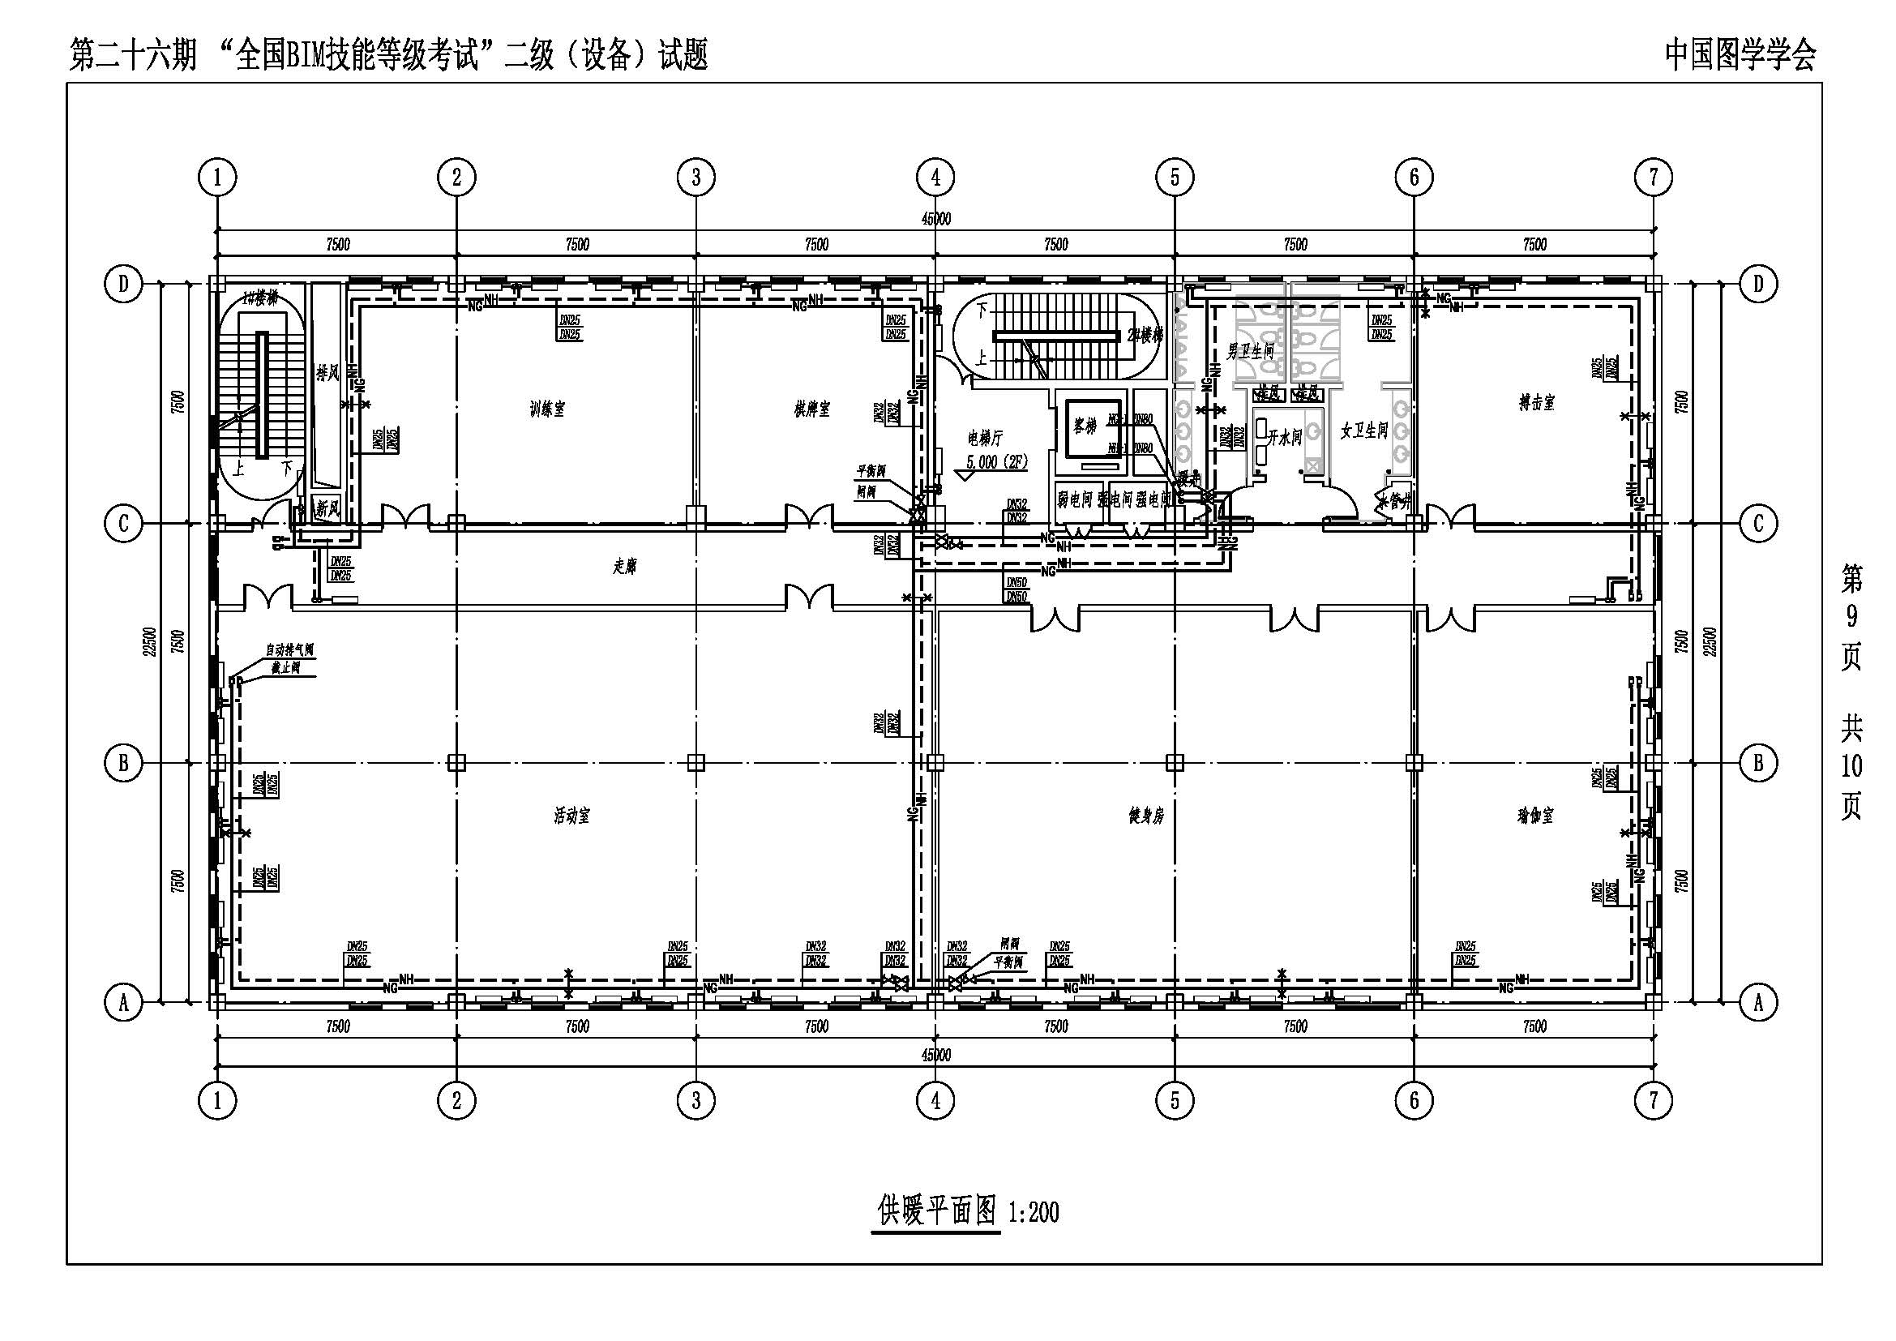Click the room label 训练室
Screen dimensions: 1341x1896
[546, 409]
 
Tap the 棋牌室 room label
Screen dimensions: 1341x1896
[811, 409]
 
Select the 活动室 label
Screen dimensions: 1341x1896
[571, 816]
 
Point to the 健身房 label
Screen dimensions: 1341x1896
[1146, 816]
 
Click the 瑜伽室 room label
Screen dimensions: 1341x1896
[1535, 816]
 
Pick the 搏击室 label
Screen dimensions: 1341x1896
[1537, 402]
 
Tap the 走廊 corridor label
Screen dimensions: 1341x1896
[624, 567]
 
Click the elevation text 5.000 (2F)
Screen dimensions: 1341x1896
[997, 462]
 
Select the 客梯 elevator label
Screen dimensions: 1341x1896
[1085, 427]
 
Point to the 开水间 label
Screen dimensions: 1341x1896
[1285, 438]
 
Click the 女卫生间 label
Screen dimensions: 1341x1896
[1363, 431]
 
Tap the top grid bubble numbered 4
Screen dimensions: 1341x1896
[935, 177]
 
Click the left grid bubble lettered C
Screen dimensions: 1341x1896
[124, 523]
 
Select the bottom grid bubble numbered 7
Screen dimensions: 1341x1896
[1653, 1100]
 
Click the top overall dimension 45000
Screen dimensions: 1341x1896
[935, 219]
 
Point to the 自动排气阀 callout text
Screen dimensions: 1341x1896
[289, 651]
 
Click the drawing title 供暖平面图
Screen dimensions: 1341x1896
[936, 1211]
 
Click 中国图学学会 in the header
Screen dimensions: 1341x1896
[1740, 55]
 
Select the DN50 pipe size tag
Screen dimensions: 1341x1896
[1016, 583]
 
